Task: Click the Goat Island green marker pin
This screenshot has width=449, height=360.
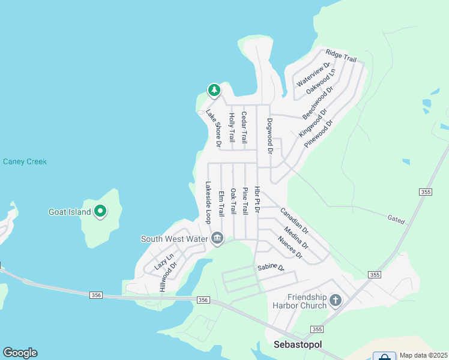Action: click(x=101, y=211)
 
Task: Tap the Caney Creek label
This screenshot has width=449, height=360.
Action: click(x=25, y=161)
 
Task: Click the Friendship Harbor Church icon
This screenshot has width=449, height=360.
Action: click(x=336, y=299)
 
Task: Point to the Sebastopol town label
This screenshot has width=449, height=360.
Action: click(x=298, y=344)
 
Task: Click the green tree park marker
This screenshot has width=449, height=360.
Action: click(x=214, y=90)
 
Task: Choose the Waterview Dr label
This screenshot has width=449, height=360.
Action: click(x=314, y=73)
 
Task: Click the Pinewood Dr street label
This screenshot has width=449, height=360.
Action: click(x=318, y=134)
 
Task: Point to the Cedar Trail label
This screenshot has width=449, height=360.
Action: click(x=244, y=127)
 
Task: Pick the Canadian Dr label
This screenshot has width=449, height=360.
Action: click(x=294, y=221)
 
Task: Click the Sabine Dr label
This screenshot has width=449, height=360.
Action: click(x=271, y=268)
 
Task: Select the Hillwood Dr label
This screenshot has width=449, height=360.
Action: click(x=166, y=275)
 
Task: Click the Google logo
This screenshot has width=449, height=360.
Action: click(x=20, y=353)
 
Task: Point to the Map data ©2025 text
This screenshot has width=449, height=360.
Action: click(x=423, y=355)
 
